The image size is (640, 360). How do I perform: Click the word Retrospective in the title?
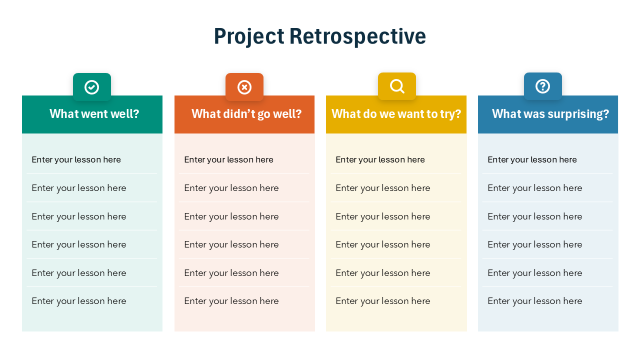(357, 36)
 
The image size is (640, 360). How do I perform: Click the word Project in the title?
(249, 36)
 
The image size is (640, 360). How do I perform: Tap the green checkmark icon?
(92, 87)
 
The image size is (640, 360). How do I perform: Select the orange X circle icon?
(244, 87)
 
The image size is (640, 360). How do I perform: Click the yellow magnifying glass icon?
(397, 86)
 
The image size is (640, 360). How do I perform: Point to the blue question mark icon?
(543, 86)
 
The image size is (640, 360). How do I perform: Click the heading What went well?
(94, 114)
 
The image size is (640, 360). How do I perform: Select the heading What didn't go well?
(246, 114)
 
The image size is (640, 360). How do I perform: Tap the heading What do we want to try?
(396, 114)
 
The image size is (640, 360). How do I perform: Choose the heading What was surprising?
(550, 114)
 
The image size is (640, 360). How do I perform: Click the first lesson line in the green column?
(76, 159)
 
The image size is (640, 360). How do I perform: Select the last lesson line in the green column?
(79, 301)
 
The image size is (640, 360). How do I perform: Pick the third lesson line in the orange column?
(231, 216)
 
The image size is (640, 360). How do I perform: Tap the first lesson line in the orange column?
(228, 159)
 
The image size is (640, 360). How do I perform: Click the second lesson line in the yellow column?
(382, 188)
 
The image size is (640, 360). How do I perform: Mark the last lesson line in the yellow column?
(382, 301)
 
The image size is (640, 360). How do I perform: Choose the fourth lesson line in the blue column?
(534, 244)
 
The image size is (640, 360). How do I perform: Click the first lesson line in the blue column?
(532, 159)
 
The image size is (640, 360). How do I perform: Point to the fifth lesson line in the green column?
(79, 273)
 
